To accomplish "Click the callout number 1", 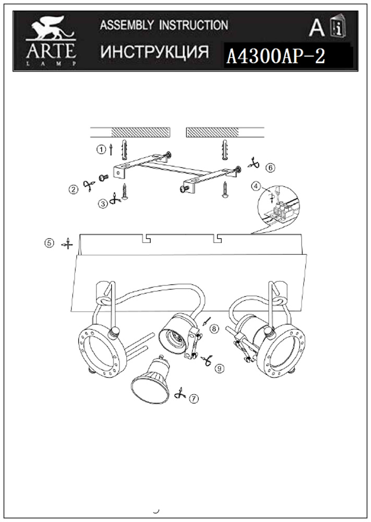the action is tap(101, 150).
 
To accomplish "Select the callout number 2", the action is tap(73, 190).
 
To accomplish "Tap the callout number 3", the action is tap(103, 204).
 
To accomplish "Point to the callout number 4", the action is tap(256, 186).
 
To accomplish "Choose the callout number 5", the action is tap(49, 243).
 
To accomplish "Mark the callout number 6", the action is tap(270, 168).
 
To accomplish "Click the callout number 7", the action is tap(194, 398).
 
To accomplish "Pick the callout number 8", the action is tap(214, 329).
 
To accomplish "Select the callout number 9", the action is tap(219, 369).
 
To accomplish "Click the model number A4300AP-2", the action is tap(276, 56).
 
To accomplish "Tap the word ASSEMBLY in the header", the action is tap(127, 25).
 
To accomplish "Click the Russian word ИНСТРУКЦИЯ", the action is tap(155, 52).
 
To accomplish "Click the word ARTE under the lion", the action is tap(51, 51).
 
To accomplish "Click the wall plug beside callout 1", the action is tap(124, 150).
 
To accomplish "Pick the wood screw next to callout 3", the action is tap(125, 192).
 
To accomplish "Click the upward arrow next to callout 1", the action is tap(111, 150).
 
